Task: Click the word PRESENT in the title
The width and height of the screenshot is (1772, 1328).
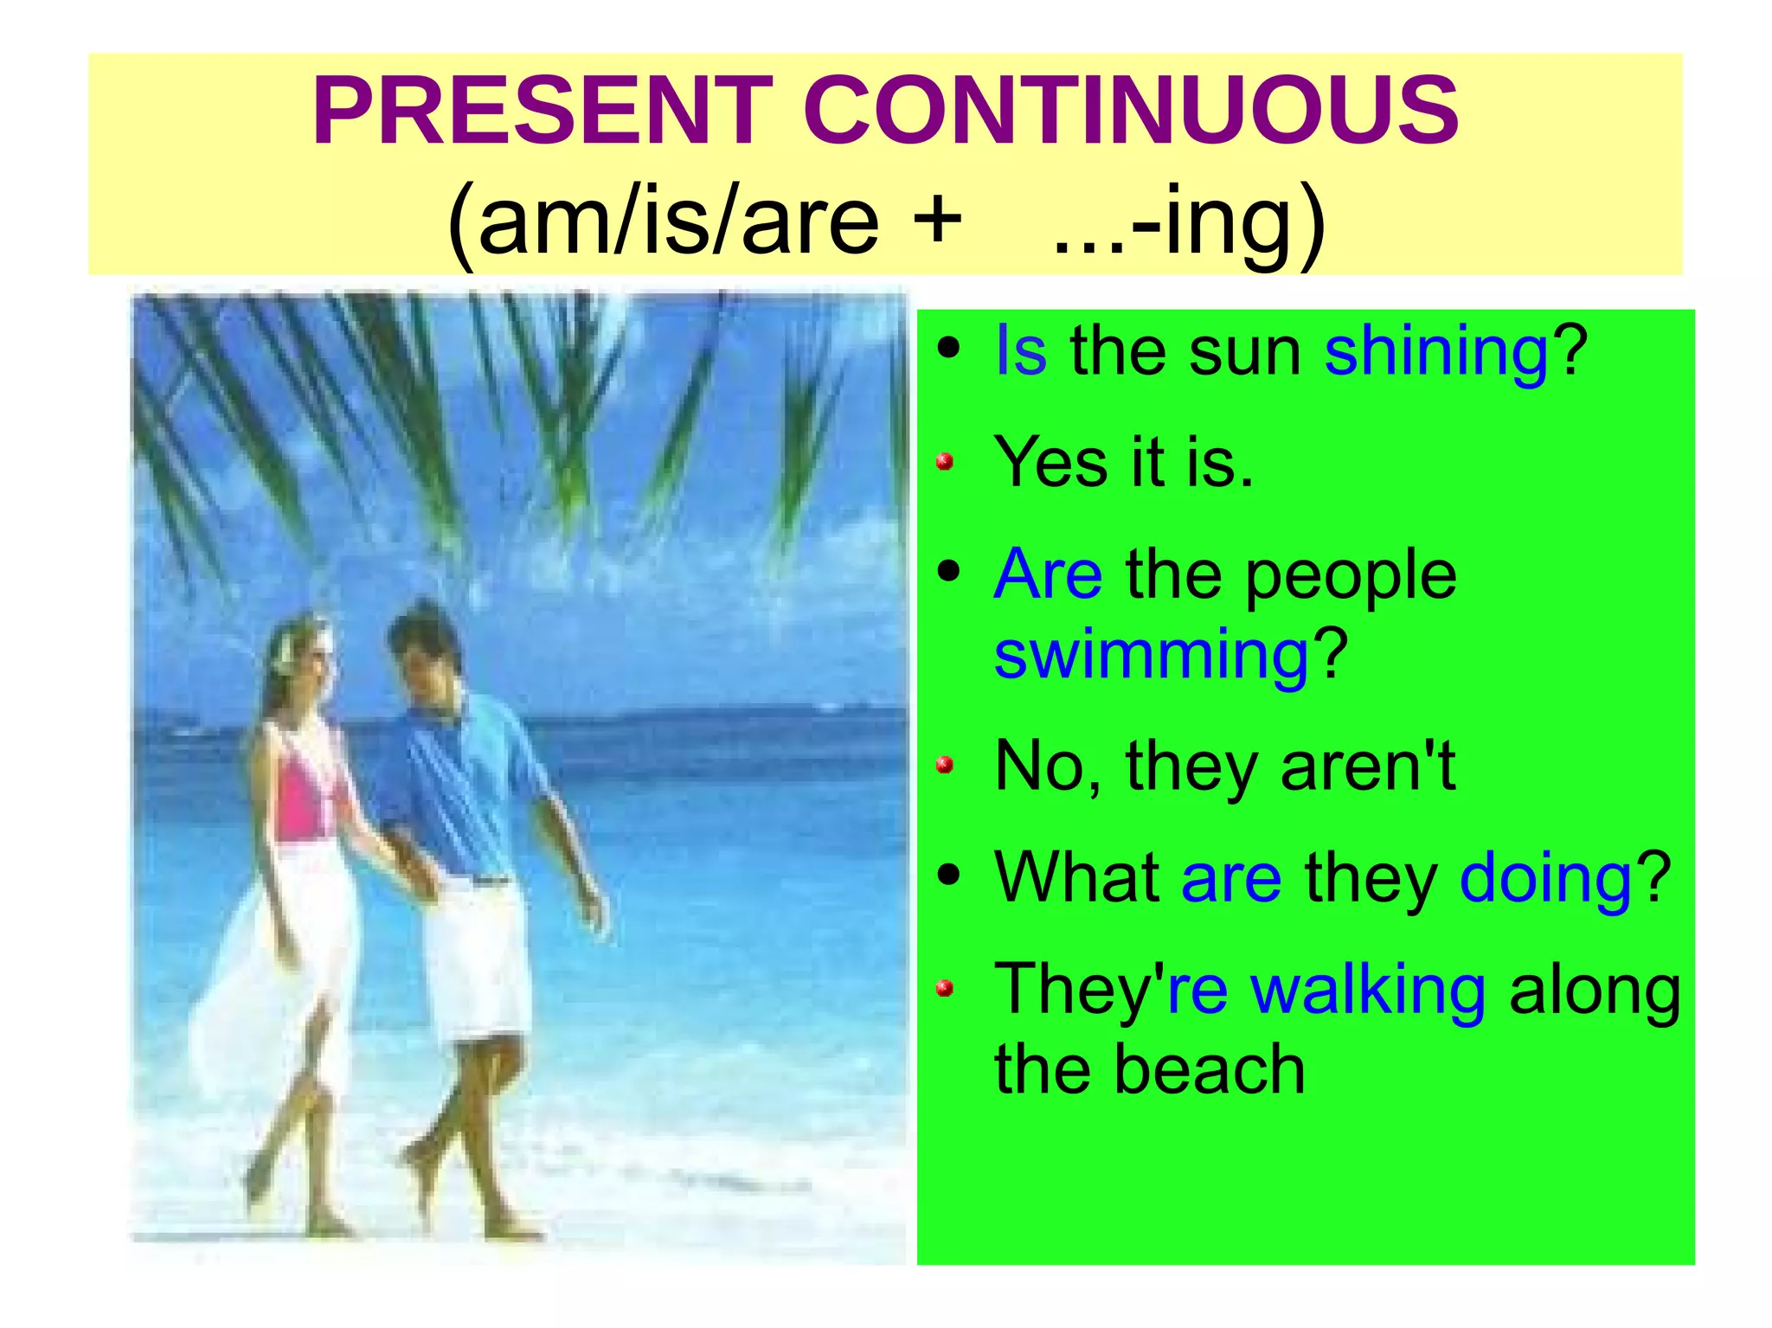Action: (x=543, y=112)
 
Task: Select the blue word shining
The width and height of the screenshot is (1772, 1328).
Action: (x=1436, y=351)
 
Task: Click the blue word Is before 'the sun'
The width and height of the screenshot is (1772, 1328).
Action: (x=1021, y=351)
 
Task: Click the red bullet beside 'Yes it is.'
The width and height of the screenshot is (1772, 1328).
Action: (x=945, y=461)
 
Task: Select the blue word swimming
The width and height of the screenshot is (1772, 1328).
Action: (x=1152, y=655)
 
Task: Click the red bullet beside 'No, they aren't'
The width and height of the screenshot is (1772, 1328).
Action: (x=945, y=765)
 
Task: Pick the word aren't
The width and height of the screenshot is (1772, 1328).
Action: (x=1367, y=767)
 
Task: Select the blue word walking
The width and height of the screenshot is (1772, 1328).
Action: (x=1368, y=990)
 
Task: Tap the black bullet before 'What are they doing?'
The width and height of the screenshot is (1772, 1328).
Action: (x=948, y=876)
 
